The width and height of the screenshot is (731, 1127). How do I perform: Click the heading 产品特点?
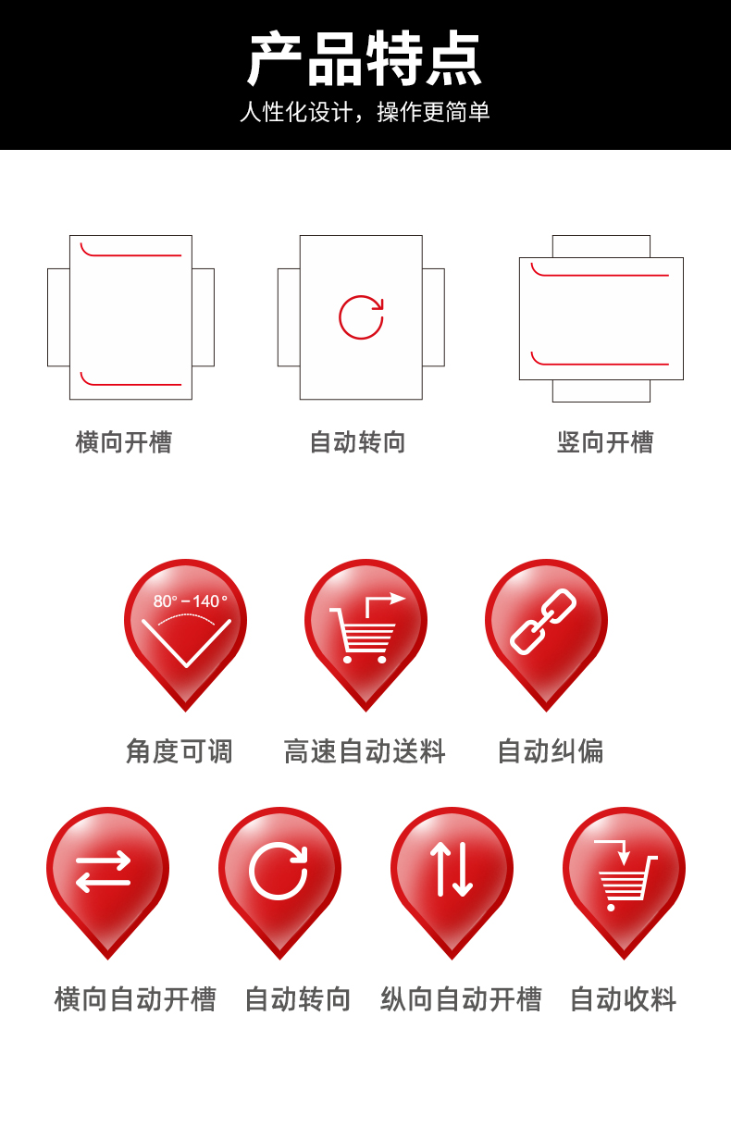tap(365, 59)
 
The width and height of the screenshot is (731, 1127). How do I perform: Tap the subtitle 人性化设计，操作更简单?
tap(365, 113)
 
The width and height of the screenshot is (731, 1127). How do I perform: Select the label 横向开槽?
tap(124, 442)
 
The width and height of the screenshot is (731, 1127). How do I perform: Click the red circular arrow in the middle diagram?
tap(361, 317)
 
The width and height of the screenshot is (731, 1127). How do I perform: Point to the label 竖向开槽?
tap(605, 442)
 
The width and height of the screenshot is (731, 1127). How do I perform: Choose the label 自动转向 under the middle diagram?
tap(358, 442)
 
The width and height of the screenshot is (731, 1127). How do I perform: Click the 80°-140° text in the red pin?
tap(190, 601)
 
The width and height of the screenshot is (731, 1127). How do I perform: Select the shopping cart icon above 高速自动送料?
tap(364, 634)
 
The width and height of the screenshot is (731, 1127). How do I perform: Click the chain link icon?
tap(544, 622)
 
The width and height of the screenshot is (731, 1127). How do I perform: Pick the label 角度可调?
tap(180, 750)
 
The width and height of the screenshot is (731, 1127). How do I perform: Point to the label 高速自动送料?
tap(365, 750)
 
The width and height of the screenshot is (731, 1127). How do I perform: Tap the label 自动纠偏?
tap(551, 750)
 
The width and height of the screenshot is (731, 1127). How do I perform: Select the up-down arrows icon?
tap(452, 870)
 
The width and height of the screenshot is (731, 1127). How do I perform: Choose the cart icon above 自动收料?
tap(623, 875)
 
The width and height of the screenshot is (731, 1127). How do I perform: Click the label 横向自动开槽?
tap(135, 999)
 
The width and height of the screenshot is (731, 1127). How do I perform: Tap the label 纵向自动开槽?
tap(461, 999)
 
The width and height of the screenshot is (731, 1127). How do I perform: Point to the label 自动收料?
tap(624, 999)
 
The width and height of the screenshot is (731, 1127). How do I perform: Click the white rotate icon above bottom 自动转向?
tap(279, 870)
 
